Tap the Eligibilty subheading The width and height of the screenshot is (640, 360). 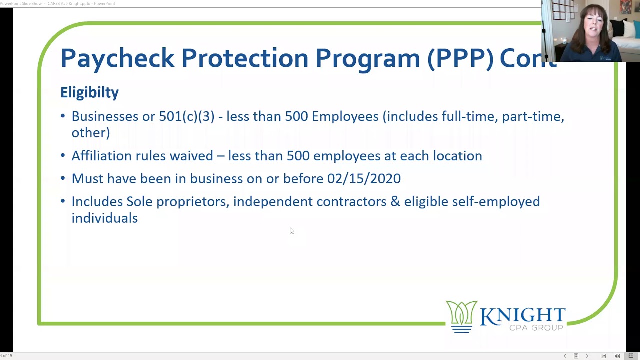click(89, 92)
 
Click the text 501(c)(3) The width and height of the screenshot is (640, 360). click(187, 116)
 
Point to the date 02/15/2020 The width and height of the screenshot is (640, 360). click(364, 179)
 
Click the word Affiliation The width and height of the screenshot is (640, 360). click(102, 156)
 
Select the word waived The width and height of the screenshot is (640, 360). click(191, 156)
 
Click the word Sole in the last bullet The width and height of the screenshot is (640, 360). click(139, 201)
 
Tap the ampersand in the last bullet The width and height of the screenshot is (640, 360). click(395, 202)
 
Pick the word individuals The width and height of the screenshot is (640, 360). click(104, 218)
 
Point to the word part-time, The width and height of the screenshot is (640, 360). click(533, 117)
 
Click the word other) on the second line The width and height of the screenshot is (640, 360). click(90, 133)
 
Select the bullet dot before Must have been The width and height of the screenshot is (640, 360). click(63, 179)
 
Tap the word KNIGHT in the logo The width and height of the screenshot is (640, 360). click(522, 315)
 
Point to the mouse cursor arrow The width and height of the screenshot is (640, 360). click(291, 230)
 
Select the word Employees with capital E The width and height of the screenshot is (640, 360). click(345, 116)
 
